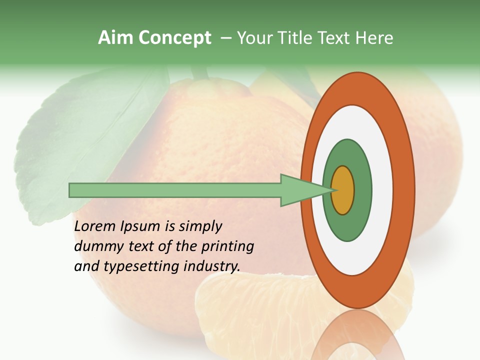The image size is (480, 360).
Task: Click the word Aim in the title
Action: click(116, 37)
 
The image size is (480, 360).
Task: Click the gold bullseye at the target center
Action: click(343, 190)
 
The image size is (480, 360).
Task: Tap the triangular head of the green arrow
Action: click(300, 190)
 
